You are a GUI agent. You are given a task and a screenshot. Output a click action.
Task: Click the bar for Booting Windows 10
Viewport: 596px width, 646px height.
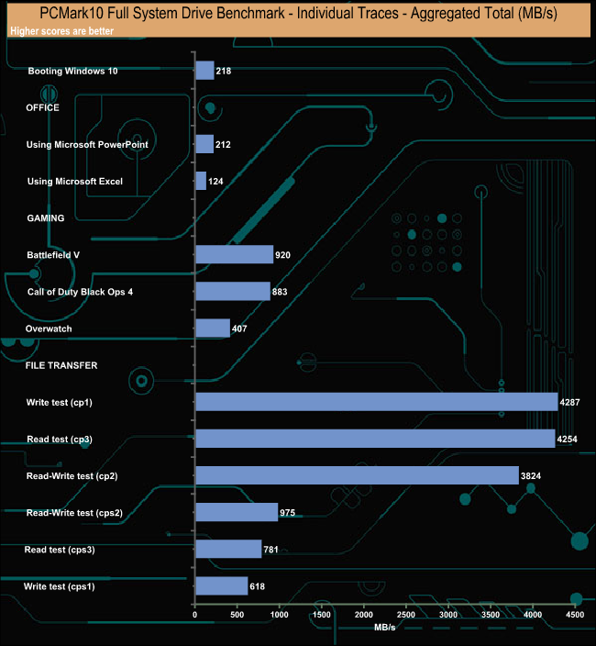pyautogui.click(x=204, y=71)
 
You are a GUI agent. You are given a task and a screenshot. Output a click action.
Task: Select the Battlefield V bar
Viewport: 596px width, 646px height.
pyautogui.click(x=235, y=254)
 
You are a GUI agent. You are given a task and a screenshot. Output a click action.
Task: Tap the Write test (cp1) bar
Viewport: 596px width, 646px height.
pyautogui.click(x=376, y=402)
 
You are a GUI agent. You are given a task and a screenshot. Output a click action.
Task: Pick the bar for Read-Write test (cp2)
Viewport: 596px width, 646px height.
pyautogui.click(x=357, y=475)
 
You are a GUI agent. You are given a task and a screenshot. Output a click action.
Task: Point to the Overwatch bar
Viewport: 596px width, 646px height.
pyautogui.click(x=213, y=329)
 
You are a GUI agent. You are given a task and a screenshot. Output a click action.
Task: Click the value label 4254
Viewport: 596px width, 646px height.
pyautogui.click(x=568, y=439)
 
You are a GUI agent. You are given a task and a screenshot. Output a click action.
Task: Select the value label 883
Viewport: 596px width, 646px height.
pyautogui.click(x=283, y=292)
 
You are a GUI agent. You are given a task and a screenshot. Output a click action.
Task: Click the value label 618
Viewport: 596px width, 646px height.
pyautogui.click(x=260, y=586)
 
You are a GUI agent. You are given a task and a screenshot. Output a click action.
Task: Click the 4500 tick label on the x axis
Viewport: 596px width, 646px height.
pyautogui.click(x=575, y=614)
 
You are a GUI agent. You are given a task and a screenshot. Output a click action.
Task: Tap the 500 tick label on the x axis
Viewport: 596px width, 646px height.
pyautogui.click(x=237, y=614)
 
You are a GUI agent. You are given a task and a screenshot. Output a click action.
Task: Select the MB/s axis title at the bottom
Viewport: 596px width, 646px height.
pyautogui.click(x=385, y=629)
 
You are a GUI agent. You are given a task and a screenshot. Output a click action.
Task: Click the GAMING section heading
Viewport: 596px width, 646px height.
pyautogui.click(x=45, y=218)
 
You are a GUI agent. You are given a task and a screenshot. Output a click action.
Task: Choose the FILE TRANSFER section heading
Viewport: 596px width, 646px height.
pyautogui.click(x=61, y=365)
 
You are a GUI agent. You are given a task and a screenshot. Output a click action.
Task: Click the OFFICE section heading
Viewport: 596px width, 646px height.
pyautogui.click(x=43, y=107)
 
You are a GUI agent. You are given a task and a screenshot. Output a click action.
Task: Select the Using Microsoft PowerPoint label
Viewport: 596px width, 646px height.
pyautogui.click(x=88, y=145)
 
